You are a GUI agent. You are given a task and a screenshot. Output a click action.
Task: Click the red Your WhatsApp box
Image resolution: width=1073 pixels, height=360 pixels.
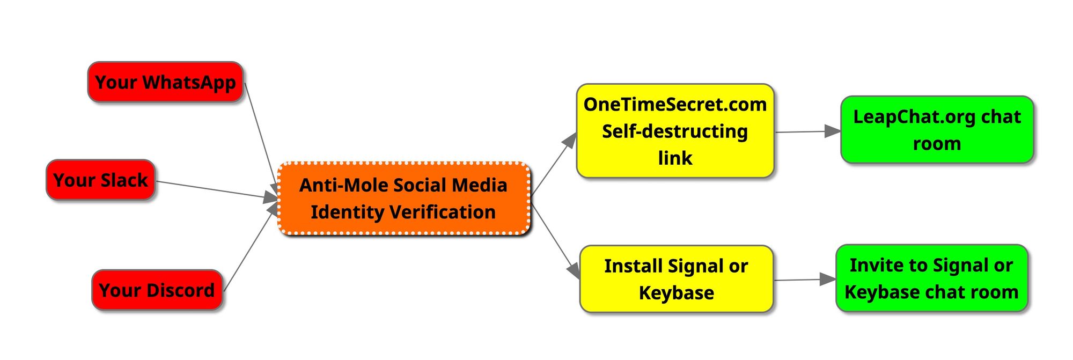tap(165, 82)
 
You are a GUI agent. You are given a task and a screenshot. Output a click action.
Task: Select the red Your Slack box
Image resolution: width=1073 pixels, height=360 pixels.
tap(100, 180)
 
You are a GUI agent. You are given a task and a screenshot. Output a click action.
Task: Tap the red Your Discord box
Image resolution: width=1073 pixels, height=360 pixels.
tap(157, 290)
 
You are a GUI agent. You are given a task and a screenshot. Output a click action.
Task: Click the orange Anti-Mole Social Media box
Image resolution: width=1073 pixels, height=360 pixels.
tap(403, 199)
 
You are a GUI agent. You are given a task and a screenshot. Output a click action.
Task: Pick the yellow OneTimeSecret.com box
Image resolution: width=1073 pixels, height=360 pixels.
tap(675, 130)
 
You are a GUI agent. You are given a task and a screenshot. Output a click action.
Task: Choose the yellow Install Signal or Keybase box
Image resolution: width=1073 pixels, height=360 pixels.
tap(676, 279)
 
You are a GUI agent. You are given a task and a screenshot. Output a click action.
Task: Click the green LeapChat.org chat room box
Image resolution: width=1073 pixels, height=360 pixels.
tap(936, 130)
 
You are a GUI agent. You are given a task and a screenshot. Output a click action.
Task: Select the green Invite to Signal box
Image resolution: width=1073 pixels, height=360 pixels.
tap(931, 278)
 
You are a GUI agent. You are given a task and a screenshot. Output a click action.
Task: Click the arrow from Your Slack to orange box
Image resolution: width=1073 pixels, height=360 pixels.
tap(215, 190)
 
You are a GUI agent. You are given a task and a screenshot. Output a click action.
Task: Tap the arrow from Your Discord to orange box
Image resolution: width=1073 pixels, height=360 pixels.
tap(249, 249)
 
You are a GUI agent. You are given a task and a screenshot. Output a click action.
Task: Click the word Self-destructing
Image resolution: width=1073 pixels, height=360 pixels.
tap(675, 131)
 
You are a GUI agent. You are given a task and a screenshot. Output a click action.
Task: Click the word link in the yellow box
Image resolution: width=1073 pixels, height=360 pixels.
tap(675, 158)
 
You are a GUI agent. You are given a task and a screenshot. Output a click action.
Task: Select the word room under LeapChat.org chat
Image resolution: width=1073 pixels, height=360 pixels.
tap(937, 144)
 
